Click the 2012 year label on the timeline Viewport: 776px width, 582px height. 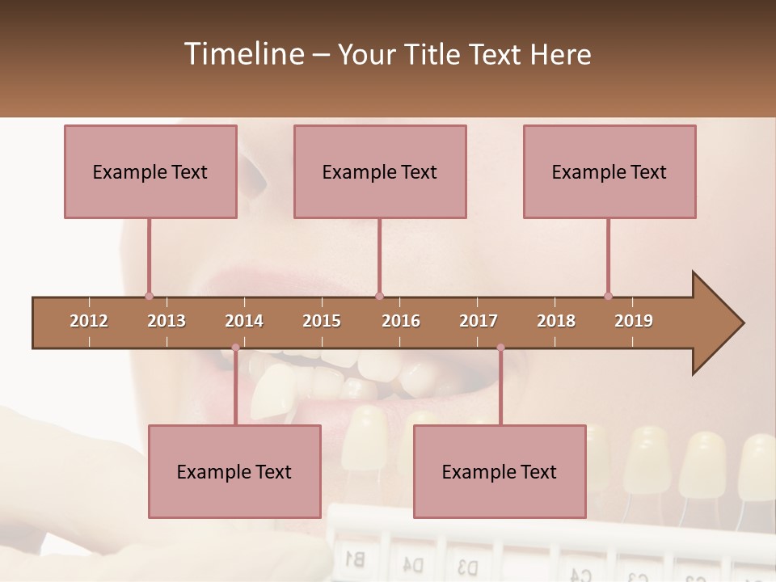click(89, 321)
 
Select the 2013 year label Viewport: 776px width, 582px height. click(167, 321)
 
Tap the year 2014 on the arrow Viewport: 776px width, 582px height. click(244, 321)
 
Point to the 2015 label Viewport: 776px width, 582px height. click(322, 321)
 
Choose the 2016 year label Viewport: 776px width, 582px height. click(401, 321)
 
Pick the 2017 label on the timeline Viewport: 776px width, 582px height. click(479, 321)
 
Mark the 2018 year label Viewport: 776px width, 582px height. click(556, 321)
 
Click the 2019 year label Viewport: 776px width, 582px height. click(634, 321)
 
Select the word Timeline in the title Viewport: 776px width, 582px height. click(242, 54)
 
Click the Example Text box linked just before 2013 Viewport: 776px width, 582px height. click(150, 171)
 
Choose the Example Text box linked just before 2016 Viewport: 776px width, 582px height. click(380, 171)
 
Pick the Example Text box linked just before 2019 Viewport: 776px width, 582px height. click(609, 171)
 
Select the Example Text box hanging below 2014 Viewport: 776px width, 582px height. click(234, 471)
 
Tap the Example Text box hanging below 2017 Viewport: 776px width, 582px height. click(500, 471)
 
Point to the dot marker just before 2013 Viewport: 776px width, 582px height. click(149, 296)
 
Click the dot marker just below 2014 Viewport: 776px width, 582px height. click(235, 348)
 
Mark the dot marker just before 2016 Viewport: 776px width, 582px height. click(379, 296)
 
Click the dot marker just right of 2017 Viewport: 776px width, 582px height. click(500, 348)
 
